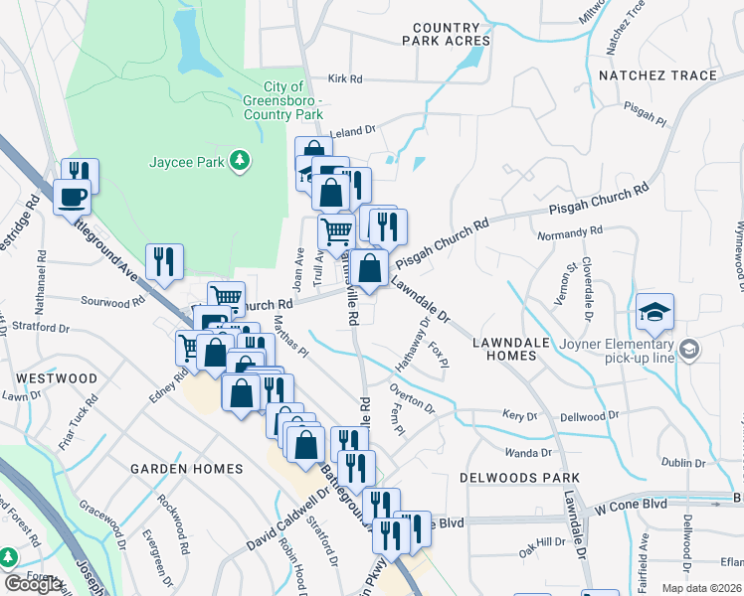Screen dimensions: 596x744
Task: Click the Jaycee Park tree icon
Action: tap(239, 160)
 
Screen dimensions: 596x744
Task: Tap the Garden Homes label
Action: tap(187, 469)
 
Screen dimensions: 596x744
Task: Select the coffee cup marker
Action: tap(72, 197)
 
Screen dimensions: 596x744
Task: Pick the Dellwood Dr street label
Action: tap(589, 414)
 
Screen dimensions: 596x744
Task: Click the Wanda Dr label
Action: tap(527, 452)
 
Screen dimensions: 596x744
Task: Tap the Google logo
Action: tap(33, 584)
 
